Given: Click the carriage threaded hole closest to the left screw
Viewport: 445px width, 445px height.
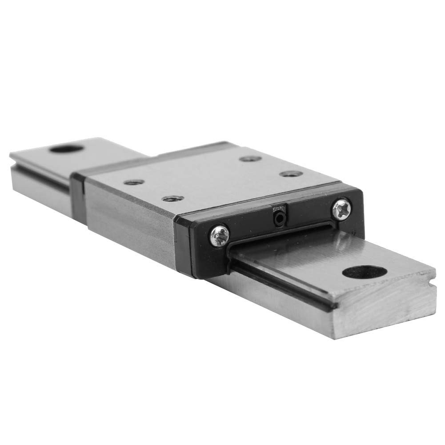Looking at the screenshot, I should pyautogui.click(x=173, y=198).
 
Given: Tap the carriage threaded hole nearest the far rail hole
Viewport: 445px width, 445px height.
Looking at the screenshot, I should pyautogui.click(x=133, y=182).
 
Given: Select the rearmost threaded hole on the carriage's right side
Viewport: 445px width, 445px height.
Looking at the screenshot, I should pyautogui.click(x=249, y=158).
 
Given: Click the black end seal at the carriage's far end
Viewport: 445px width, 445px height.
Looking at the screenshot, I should pyautogui.click(x=77, y=196).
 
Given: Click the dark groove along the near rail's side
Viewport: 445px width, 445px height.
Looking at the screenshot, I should pyautogui.click(x=285, y=289).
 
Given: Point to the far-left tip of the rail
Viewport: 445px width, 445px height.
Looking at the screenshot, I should pyautogui.click(x=11, y=155).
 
